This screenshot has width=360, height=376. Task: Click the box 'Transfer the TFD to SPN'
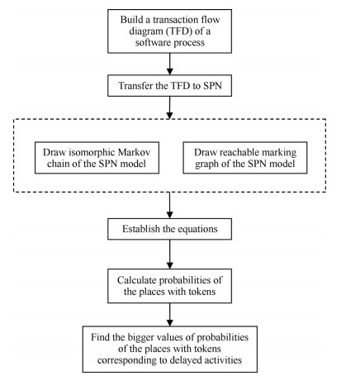click(169, 86)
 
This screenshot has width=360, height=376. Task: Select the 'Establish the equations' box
click(169, 229)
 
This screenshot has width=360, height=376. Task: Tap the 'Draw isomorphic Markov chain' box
click(97, 158)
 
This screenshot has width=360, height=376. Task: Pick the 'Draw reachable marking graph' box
click(245, 158)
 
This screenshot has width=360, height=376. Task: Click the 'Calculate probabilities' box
click(169, 286)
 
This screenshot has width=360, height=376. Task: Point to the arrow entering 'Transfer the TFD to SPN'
click(170, 64)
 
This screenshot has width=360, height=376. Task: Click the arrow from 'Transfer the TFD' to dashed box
click(170, 107)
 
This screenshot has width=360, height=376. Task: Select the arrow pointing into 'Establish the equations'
click(170, 205)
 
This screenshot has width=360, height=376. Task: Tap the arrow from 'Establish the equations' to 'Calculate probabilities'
click(170, 255)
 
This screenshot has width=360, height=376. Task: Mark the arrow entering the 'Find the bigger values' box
click(170, 315)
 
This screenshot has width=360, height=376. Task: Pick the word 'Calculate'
click(137, 280)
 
